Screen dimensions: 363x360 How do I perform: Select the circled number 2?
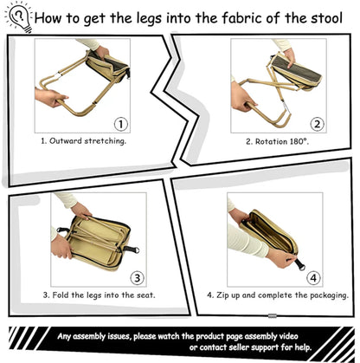(x=318, y=124)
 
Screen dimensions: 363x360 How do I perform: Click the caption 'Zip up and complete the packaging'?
(x=278, y=295)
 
